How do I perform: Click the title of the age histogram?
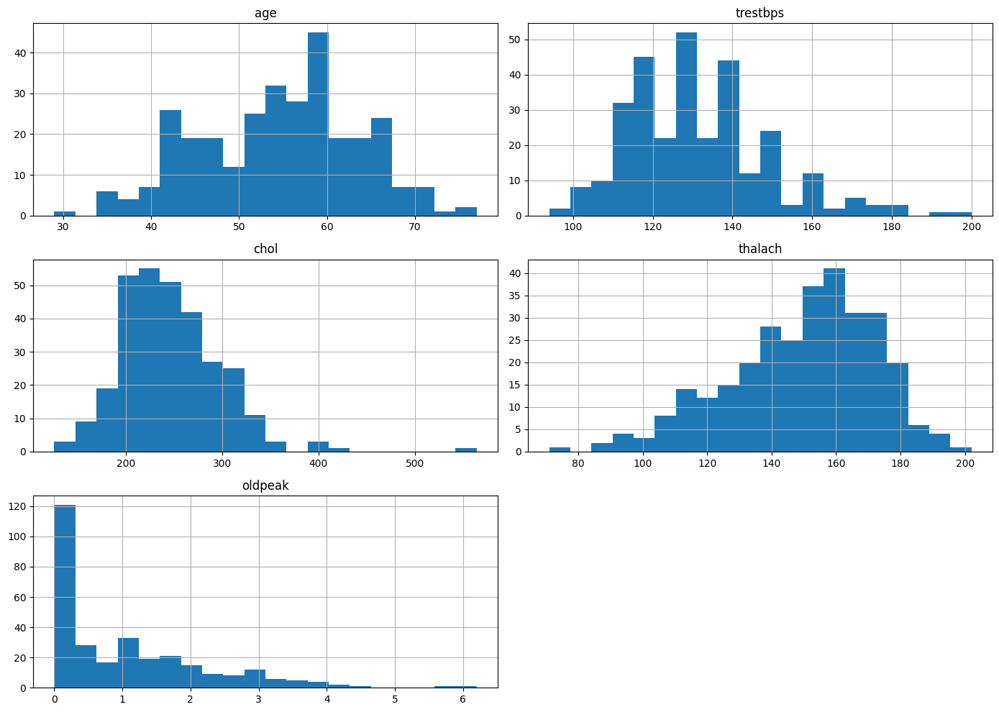click(265, 13)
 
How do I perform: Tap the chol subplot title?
click(265, 249)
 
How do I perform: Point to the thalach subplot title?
click(759, 249)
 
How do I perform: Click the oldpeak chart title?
click(265, 485)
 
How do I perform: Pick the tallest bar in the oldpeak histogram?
click(65, 596)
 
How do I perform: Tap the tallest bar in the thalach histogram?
click(834, 360)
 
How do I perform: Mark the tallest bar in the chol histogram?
click(149, 360)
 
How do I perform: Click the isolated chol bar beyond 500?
click(466, 449)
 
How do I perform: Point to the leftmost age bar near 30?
click(65, 214)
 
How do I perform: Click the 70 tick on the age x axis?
click(415, 227)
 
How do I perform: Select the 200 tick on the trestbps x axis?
click(972, 227)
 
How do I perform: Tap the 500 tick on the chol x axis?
click(415, 462)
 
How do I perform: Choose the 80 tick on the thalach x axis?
click(578, 462)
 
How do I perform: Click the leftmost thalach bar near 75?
click(560, 449)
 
